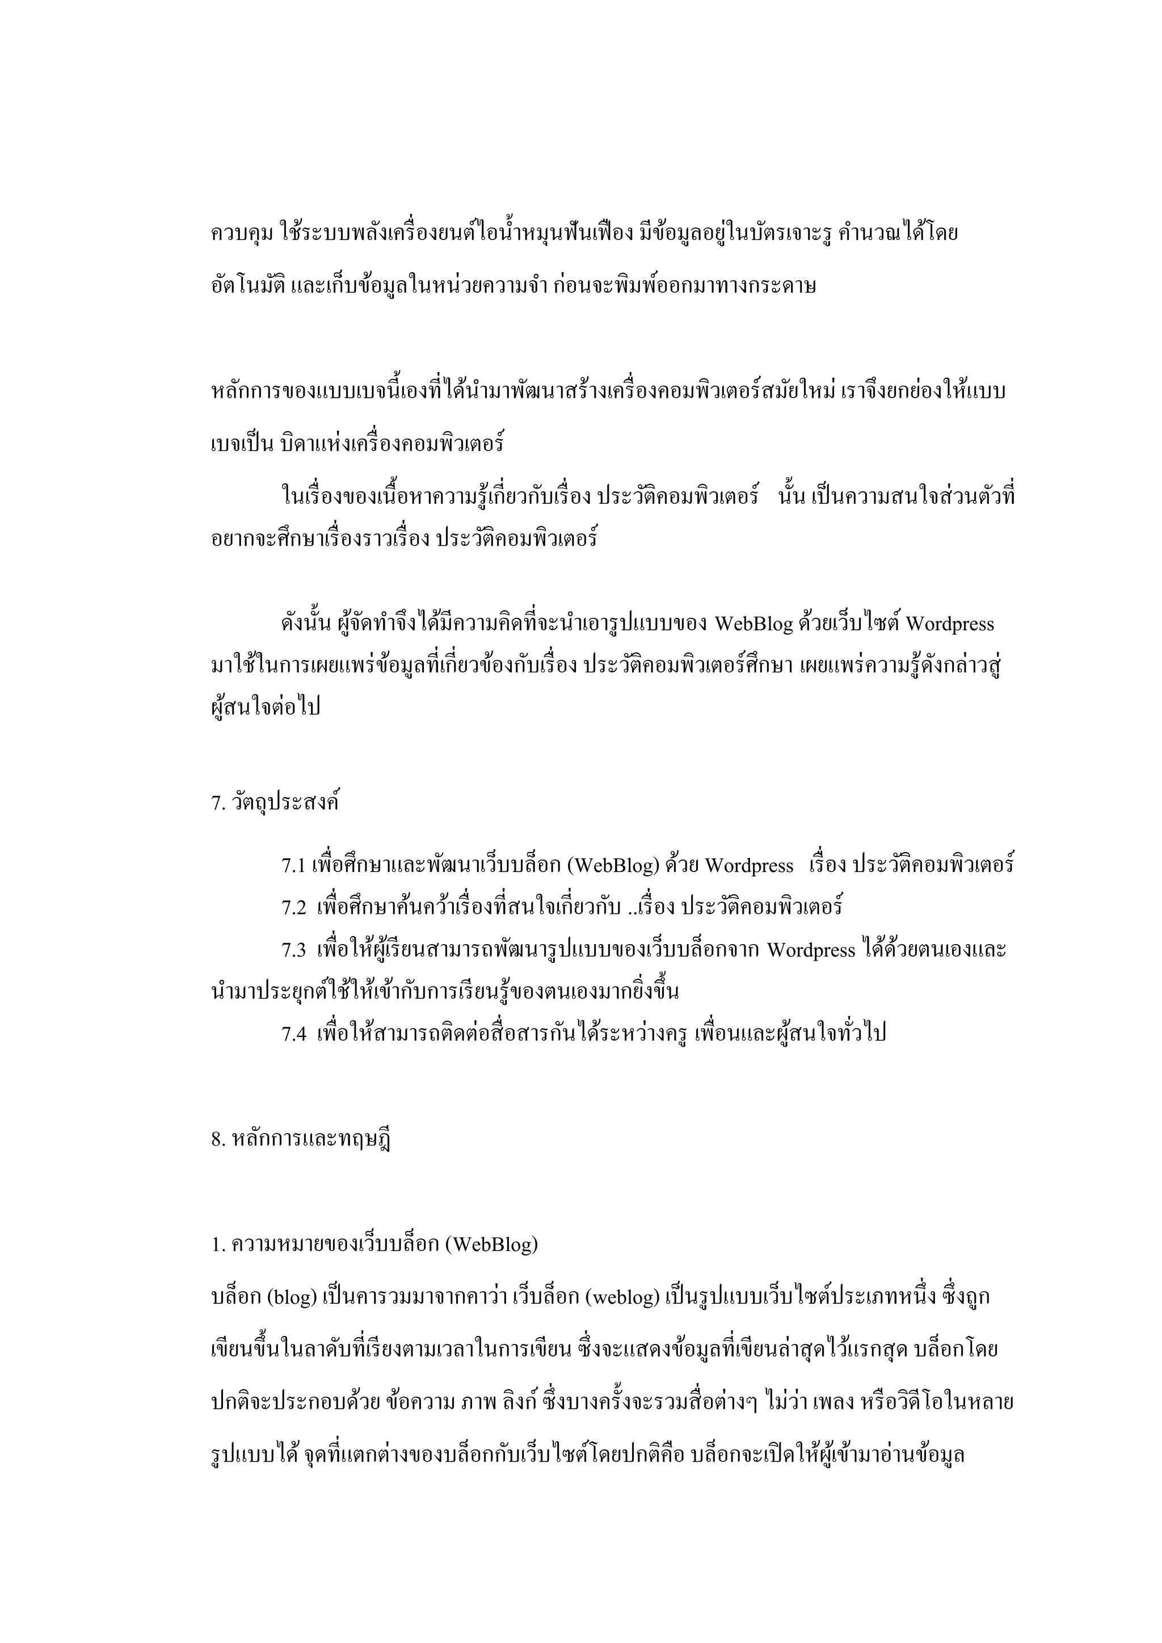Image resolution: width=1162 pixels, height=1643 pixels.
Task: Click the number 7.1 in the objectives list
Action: click(293, 866)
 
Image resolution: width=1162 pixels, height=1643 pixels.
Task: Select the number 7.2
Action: click(293, 909)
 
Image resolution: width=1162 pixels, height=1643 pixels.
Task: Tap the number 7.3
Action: click(293, 951)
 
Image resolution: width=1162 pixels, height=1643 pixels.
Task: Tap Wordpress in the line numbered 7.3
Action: click(811, 951)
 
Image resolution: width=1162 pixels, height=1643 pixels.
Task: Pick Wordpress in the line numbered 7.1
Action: click(749, 866)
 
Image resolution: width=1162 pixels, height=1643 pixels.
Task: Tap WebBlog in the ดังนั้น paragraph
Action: click(753, 625)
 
